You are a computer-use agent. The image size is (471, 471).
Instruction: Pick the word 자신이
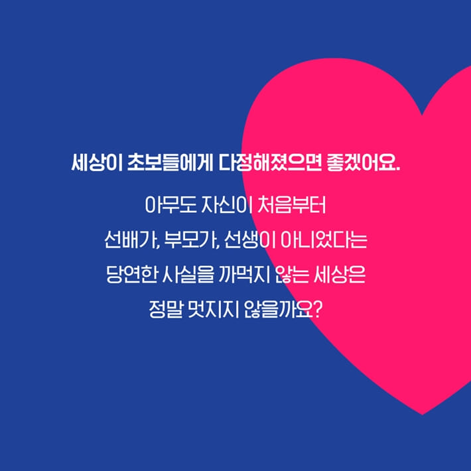(x=226, y=201)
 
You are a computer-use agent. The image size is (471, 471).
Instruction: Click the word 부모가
(x=188, y=237)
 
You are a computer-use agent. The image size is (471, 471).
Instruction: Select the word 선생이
(x=247, y=237)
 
